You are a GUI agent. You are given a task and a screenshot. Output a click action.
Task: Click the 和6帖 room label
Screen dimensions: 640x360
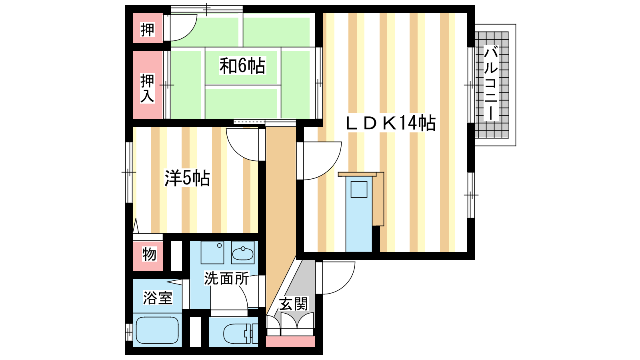click(x=242, y=66)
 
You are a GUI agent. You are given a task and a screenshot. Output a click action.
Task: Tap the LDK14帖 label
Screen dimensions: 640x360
click(x=390, y=123)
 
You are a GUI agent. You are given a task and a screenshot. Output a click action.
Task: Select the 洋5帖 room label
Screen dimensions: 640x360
click(x=187, y=178)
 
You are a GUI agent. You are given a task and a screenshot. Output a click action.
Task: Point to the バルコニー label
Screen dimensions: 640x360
click(x=491, y=83)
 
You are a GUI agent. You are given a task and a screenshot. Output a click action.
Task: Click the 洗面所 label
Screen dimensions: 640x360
click(x=226, y=278)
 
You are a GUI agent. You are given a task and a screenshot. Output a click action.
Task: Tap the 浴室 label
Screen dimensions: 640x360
click(x=158, y=298)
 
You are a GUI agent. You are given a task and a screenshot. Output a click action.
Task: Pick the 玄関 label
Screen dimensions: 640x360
click(x=294, y=304)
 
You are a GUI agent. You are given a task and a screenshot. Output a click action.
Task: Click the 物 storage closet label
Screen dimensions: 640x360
click(x=149, y=254)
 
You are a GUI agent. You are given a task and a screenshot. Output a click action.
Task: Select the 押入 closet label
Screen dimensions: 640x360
click(x=148, y=88)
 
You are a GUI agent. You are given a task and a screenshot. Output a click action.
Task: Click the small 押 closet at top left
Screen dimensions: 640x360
click(x=148, y=30)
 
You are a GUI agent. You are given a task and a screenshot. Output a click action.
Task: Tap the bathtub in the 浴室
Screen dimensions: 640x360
click(x=158, y=330)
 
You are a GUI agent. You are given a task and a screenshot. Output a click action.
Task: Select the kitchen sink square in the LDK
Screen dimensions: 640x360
click(x=359, y=190)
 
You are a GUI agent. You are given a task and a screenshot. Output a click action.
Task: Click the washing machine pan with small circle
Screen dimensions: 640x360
click(x=212, y=252)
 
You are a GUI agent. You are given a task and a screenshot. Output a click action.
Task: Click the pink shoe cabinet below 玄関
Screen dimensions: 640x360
click(x=290, y=342)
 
